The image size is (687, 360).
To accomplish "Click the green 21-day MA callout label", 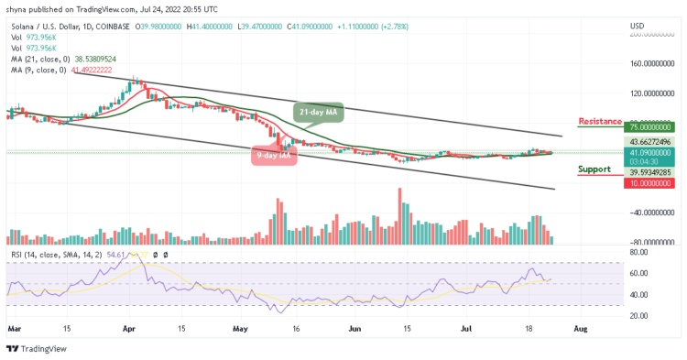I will [x=311, y=112].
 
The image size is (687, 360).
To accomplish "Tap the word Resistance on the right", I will [x=600, y=121].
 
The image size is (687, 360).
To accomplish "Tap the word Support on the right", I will [x=595, y=169].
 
